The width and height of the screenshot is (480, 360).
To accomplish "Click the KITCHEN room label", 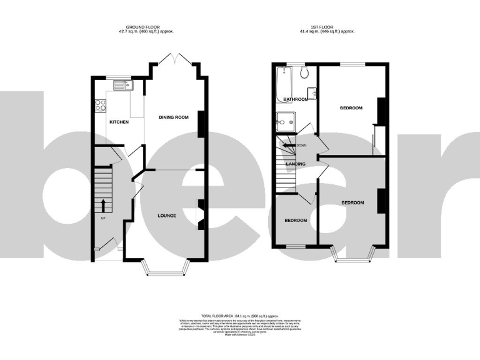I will pyautogui.click(x=119, y=122).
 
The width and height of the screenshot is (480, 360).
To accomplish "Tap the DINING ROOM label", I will pyautogui.click(x=173, y=117).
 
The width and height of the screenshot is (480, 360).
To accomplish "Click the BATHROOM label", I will pyautogui.click(x=295, y=99).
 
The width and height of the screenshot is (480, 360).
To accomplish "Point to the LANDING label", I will pyautogui.click(x=295, y=164).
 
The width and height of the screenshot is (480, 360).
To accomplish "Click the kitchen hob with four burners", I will pyautogui.click(x=99, y=106).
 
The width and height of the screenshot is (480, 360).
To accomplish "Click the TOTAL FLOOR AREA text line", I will pyautogui.click(x=240, y=317).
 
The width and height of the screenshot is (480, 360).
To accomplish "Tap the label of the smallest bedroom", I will pyautogui.click(x=296, y=221).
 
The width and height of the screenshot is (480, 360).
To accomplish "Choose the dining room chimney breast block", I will pyautogui.click(x=201, y=124).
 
